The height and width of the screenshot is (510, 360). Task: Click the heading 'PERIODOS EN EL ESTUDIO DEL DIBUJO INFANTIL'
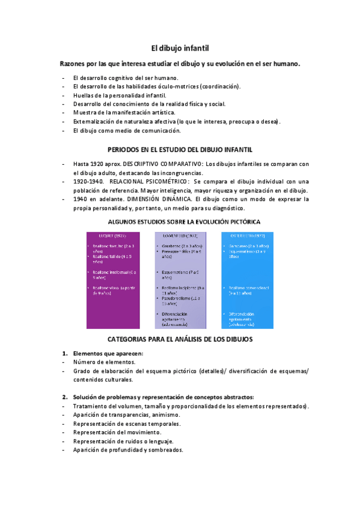pyautogui.click(x=180, y=149)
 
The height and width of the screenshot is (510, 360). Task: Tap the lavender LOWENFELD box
pyautogui.click(x=180, y=280)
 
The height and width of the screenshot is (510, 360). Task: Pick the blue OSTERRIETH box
pyautogui.click(x=248, y=280)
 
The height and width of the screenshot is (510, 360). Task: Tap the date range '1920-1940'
pyautogui.click(x=88, y=181)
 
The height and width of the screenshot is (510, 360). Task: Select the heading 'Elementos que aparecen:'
pyautogui.click(x=108, y=354)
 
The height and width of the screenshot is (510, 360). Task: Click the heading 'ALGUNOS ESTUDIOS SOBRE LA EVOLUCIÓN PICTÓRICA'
pyautogui.click(x=180, y=221)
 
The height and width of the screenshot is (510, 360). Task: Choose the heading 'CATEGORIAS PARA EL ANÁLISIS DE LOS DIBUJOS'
pyautogui.click(x=180, y=339)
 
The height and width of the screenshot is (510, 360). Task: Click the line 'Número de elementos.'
pyautogui.click(x=104, y=363)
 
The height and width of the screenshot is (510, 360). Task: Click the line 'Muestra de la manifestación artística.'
pyautogui.click(x=124, y=112)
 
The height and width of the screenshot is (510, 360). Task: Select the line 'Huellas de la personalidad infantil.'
pyautogui.click(x=120, y=95)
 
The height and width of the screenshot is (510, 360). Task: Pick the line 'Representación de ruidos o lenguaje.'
pyautogui.click(x=123, y=441)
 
